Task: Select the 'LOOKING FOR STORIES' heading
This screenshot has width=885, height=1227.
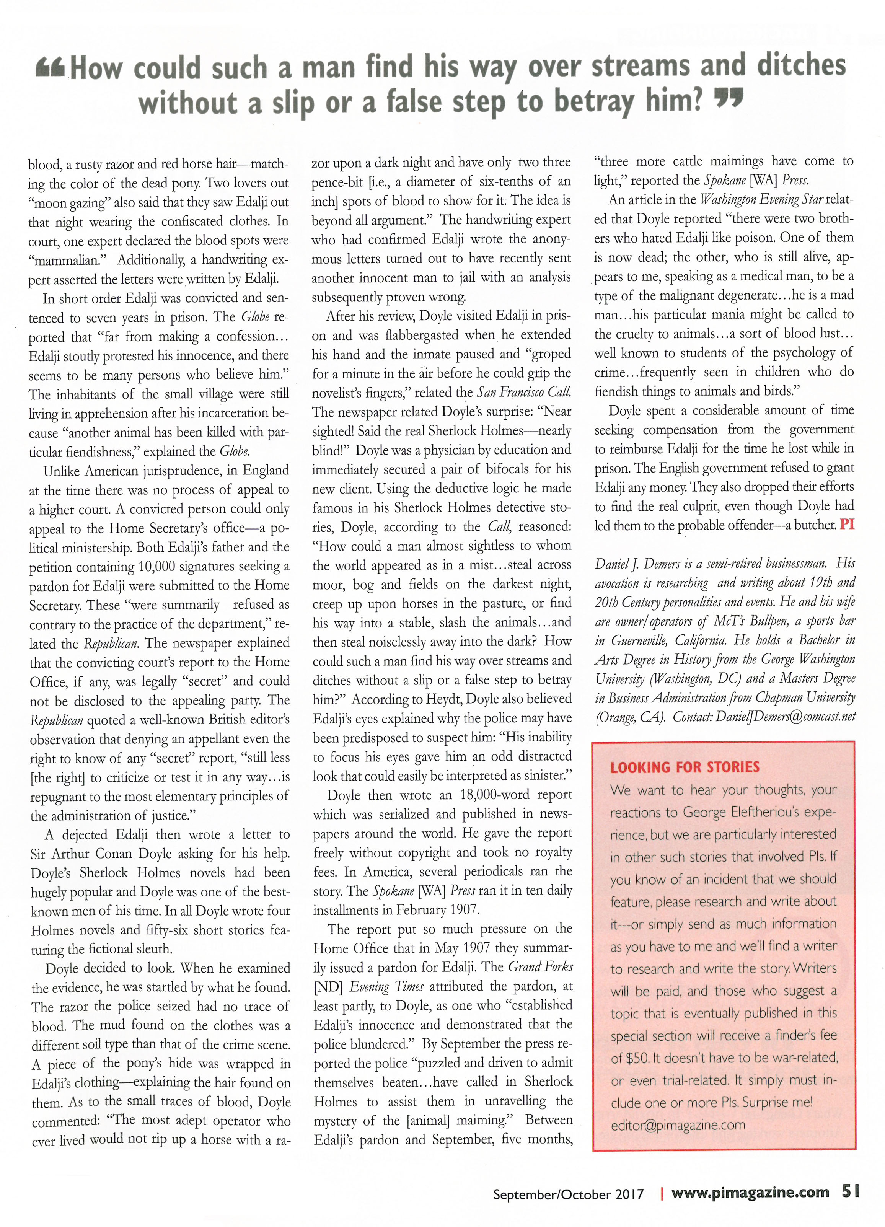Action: (685, 767)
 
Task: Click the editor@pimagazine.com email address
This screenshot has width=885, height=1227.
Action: (678, 1125)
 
